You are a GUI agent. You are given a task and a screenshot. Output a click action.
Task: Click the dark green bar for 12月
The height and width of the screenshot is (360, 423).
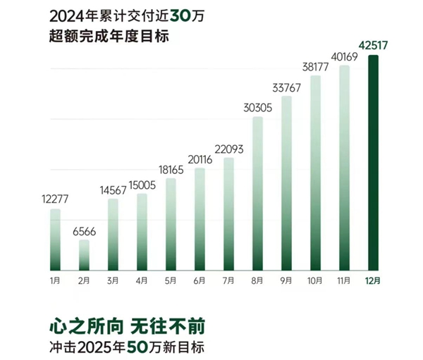tap(373, 162)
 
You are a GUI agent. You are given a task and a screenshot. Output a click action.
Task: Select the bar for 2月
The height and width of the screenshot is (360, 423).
tap(84, 255)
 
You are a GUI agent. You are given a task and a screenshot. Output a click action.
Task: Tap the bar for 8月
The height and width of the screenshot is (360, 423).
tap(257, 194)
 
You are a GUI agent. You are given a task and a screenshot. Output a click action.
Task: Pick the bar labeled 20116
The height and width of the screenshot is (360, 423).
tap(200, 219)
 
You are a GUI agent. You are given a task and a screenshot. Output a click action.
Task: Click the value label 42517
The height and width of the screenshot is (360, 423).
tap(373, 46)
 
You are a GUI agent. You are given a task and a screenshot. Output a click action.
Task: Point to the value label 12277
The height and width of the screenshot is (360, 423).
tap(55, 200)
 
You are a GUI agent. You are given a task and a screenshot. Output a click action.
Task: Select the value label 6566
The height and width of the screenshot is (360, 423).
tap(84, 231)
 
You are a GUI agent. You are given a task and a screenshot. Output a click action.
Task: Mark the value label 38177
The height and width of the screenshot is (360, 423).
tap(315, 68)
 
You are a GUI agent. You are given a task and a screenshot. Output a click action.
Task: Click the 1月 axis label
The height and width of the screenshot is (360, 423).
tap(55, 280)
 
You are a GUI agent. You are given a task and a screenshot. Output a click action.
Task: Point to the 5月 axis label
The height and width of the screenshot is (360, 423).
tap(171, 280)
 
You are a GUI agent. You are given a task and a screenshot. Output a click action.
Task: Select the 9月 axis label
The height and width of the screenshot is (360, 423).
tap(286, 280)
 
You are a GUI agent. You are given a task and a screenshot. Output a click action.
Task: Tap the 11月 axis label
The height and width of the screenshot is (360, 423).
tap(344, 280)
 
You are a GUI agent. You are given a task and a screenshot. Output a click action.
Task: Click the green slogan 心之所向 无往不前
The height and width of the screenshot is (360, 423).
tap(128, 328)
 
